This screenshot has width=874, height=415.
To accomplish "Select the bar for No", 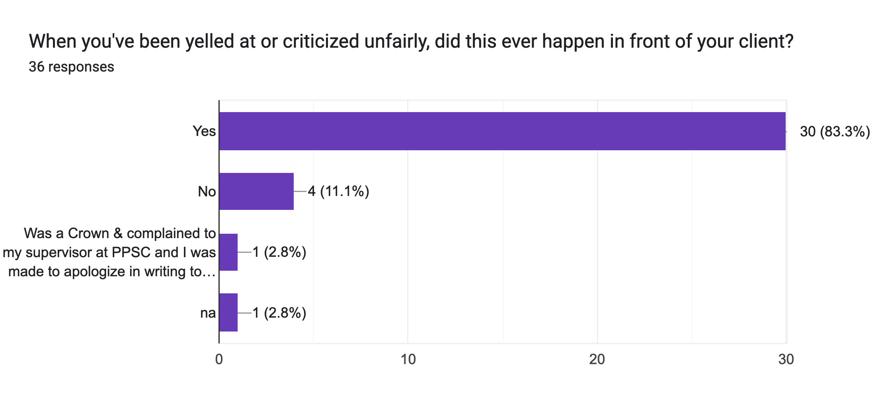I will (x=256, y=191).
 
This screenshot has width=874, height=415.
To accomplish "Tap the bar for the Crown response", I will (x=228, y=252).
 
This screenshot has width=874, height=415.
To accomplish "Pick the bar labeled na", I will (x=228, y=312).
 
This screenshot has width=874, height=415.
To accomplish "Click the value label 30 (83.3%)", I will (x=835, y=132).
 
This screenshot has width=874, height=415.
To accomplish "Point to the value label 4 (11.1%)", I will (x=338, y=192).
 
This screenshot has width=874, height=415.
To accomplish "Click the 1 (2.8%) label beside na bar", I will (x=279, y=313).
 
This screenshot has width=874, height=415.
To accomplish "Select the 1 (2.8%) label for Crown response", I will (x=279, y=252).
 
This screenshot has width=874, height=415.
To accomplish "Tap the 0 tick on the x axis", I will (x=219, y=359).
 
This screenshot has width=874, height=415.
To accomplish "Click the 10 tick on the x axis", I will (x=408, y=359).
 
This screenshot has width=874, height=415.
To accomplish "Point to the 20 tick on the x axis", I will (x=597, y=359).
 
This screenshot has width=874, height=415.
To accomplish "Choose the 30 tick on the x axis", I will (x=786, y=359).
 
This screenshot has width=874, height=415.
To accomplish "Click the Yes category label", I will (x=204, y=131).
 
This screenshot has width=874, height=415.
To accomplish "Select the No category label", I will (x=207, y=192).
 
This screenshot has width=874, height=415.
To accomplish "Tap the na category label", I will (x=208, y=313).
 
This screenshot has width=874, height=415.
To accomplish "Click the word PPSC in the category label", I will (x=132, y=252).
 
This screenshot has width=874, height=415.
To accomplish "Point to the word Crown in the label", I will (x=88, y=233).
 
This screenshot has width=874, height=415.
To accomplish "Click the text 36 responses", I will (x=71, y=67).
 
